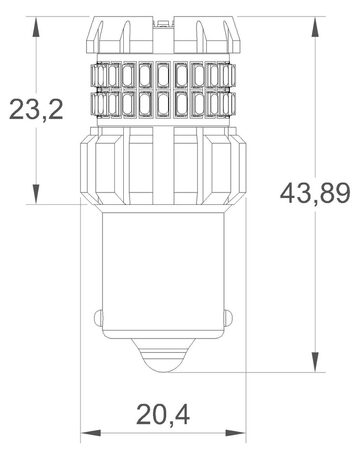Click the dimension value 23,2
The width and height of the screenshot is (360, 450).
point(35,108)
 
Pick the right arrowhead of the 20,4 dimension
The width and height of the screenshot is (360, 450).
point(243,433)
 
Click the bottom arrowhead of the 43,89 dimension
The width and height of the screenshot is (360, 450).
point(316,366)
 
